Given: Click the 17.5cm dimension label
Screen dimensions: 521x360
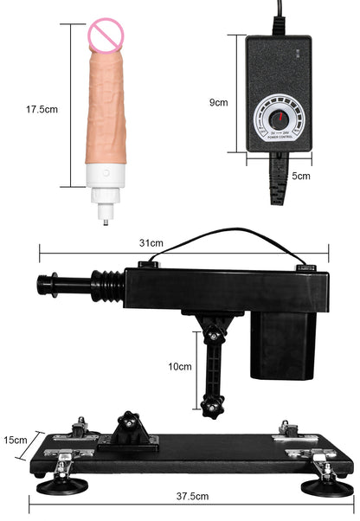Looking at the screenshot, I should click(x=42, y=110).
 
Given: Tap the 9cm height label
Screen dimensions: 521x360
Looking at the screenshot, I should click(x=219, y=102).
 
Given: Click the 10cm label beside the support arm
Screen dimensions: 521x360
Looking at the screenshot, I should click(x=180, y=365).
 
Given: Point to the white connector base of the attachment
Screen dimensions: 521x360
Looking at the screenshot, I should click(x=107, y=179).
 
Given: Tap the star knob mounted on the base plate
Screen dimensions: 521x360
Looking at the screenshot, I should click(x=130, y=425).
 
